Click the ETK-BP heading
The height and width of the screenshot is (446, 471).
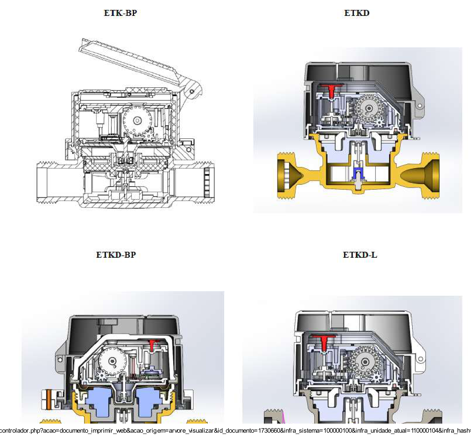120,13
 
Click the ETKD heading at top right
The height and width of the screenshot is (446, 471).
357,13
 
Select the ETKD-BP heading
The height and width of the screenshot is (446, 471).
116,255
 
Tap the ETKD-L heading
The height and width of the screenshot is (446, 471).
360,255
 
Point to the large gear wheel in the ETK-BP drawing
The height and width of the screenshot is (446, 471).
137,121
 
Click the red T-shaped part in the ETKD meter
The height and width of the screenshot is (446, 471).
331,90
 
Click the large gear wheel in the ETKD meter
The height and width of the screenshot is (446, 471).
369,108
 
